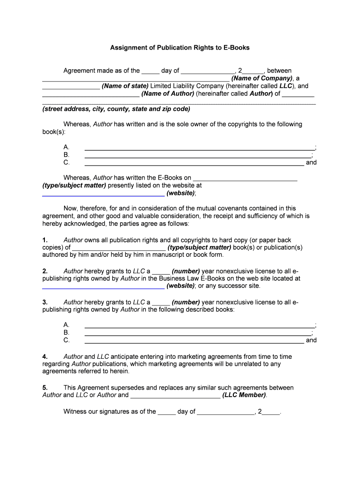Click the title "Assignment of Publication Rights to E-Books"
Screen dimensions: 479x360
[x=180, y=48]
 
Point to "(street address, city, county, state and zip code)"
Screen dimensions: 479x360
[x=116, y=109]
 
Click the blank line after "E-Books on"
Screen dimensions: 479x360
[x=245, y=178]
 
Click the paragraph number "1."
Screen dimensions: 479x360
[x=45, y=240]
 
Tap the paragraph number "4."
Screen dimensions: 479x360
[x=45, y=357]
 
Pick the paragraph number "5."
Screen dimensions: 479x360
[x=45, y=388]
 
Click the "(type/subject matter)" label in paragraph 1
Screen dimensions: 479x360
[x=199, y=247]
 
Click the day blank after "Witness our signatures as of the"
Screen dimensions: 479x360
[x=166, y=412]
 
